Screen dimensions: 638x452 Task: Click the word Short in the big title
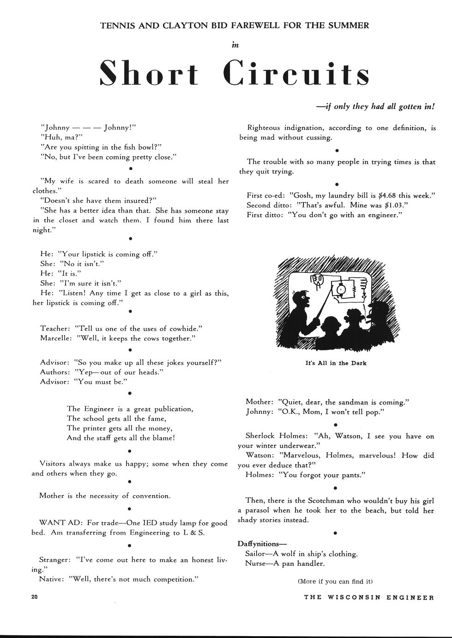tap(149, 74)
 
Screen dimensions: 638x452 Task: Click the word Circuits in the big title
tap(296, 74)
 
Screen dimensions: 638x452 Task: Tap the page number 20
tap(35, 596)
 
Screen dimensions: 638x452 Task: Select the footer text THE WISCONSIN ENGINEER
tap(369, 597)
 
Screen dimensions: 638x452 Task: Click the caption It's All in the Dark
tap(336, 363)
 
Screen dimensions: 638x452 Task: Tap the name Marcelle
tap(55, 338)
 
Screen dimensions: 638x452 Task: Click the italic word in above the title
tap(235, 45)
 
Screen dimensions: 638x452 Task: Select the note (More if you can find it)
tap(335, 581)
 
